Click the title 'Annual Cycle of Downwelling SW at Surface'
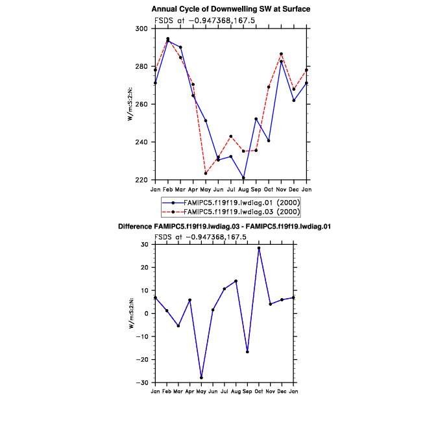pos(231,9)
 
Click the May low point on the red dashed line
pos(206,173)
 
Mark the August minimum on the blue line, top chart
pos(243,178)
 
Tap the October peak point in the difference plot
pos(258,248)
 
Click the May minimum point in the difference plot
pos(201,377)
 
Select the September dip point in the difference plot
pos(247,352)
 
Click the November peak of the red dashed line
pos(281,54)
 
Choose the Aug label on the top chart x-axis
pos(243,189)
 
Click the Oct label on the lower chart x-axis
pos(258,392)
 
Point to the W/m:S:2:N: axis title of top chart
pos(130,104)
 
